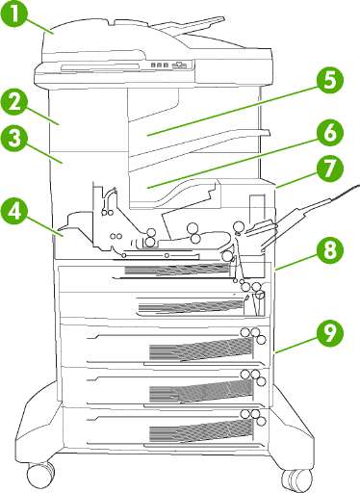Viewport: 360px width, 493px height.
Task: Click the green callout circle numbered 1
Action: (14, 15)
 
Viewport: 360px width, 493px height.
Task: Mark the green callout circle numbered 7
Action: (329, 170)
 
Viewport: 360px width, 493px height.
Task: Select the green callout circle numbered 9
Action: (329, 332)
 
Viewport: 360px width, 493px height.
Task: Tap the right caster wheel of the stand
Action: (297, 480)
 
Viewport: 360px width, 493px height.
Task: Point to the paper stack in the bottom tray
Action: (201, 429)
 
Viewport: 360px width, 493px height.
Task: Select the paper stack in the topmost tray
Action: (178, 270)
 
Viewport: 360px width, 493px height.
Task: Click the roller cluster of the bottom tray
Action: (253, 416)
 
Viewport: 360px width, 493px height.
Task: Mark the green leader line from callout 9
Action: (296, 344)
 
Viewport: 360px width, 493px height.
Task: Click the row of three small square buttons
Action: (160, 65)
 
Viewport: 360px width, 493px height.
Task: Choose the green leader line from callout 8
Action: (296, 262)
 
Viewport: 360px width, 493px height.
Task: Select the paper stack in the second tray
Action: (190, 307)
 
